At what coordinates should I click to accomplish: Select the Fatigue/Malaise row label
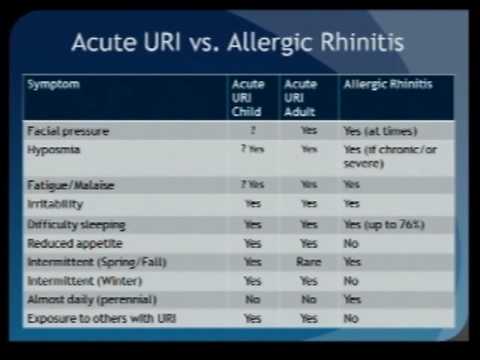[x=66, y=185]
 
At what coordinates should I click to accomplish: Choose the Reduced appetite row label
[x=68, y=243]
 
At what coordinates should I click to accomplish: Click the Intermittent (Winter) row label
[x=77, y=281]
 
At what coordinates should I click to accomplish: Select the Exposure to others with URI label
[x=93, y=318]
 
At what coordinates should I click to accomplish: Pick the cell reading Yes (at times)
[x=381, y=131]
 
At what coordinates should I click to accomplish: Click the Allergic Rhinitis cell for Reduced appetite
[x=351, y=243]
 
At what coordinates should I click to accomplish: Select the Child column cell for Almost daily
[x=253, y=299]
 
